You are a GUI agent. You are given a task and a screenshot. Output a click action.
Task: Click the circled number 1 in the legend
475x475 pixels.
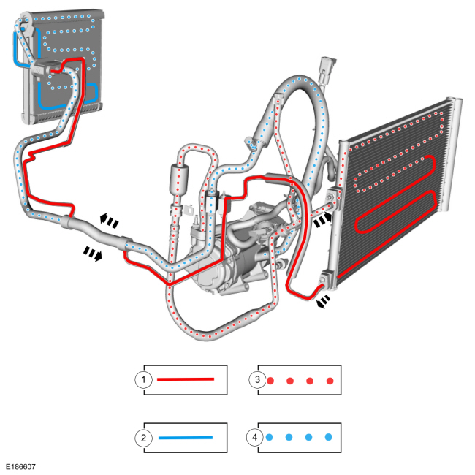click(143, 379)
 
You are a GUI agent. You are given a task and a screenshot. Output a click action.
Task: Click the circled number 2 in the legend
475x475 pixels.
click(143, 438)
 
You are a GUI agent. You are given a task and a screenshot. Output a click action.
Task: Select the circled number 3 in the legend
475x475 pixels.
click(257, 379)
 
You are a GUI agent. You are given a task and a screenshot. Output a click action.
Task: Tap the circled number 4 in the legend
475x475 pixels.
click(255, 437)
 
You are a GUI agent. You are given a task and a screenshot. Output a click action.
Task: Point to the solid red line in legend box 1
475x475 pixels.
click(186, 379)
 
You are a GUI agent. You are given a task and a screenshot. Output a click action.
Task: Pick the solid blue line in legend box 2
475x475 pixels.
click(186, 438)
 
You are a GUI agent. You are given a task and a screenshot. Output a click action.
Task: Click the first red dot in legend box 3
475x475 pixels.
click(270, 381)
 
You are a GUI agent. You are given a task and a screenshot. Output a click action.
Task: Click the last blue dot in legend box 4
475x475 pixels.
click(329, 437)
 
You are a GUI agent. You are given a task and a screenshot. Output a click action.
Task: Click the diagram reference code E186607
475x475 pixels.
click(20, 467)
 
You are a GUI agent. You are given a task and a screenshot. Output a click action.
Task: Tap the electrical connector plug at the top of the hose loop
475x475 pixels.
click(327, 69)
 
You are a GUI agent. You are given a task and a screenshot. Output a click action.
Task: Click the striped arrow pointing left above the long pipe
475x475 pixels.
click(109, 220)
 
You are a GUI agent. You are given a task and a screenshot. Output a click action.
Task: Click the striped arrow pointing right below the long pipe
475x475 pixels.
click(93, 254)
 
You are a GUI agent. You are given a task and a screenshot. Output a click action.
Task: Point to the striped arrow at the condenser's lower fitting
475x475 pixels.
click(323, 301)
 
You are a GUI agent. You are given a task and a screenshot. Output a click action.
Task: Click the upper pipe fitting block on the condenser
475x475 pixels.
click(334, 199)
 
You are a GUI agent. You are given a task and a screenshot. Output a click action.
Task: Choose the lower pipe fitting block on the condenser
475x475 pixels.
click(328, 278)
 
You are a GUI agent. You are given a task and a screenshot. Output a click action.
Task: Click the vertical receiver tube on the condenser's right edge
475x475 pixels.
click(452, 154)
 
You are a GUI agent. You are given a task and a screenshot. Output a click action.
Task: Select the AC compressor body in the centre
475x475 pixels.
click(230, 257)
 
